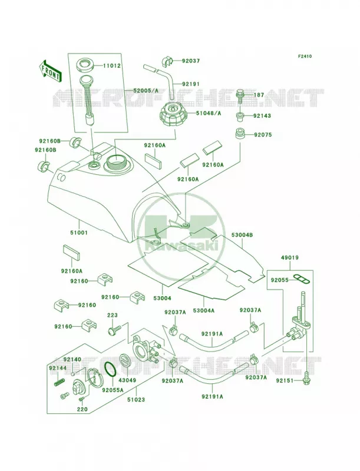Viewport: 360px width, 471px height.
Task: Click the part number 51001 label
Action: pyautogui.click(x=79, y=233)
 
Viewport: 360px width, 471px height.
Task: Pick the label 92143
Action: pyautogui.click(x=262, y=115)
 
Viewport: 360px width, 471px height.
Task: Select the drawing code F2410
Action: pyautogui.click(x=305, y=56)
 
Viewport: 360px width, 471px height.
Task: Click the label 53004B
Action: pyautogui.click(x=242, y=235)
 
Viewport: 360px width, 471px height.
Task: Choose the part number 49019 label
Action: pyautogui.click(x=290, y=257)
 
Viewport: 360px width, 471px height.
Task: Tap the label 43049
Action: pyautogui.click(x=127, y=380)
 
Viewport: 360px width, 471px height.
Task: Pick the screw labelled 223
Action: pyautogui.click(x=114, y=330)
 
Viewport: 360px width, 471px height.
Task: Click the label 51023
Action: pyautogui.click(x=136, y=400)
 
